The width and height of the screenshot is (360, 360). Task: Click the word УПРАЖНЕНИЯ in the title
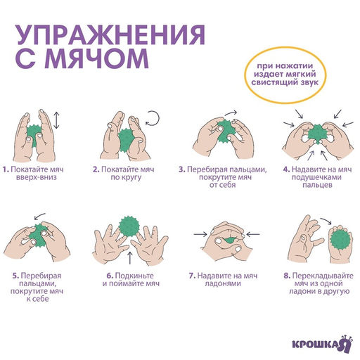click(x=111, y=35)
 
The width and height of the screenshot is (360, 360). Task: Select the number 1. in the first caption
click(x=5, y=169)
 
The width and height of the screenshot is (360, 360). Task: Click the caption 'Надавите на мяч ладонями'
click(x=226, y=279)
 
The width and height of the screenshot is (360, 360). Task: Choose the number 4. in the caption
click(x=286, y=169)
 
